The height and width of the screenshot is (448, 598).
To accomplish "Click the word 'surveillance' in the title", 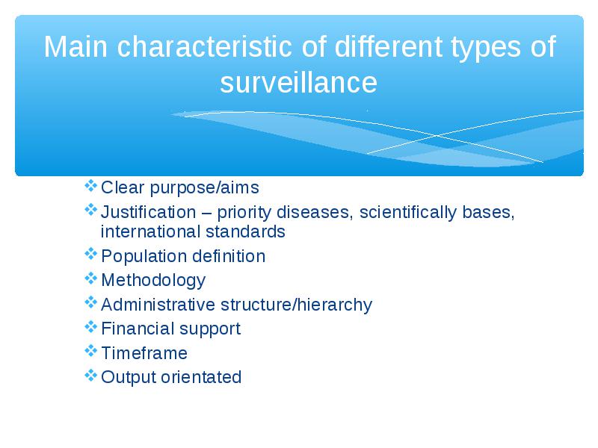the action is coord(298,83).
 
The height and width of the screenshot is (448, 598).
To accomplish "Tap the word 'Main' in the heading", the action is coord(76,46).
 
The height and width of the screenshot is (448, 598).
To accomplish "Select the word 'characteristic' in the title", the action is coord(204,46).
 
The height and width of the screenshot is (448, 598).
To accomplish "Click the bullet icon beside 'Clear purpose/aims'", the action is coord(90,186).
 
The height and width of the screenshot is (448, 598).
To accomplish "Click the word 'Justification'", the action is coord(148,212).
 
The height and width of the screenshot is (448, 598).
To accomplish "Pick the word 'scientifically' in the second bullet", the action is coord(407,213).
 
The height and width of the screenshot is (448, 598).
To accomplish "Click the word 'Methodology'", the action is coord(153,281).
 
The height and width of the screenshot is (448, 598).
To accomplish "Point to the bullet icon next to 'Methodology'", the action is coord(90,279).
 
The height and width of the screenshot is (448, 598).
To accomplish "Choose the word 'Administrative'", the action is coord(158,305).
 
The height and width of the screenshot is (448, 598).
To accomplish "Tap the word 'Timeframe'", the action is coord(144,353).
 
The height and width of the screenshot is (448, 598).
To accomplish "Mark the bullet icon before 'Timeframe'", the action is coord(90,351).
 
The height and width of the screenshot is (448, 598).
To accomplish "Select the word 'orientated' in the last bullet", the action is coord(201,377).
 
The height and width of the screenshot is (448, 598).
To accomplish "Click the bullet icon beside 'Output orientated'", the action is coord(90,376).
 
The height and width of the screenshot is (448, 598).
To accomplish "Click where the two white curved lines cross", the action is coord(437,135).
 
